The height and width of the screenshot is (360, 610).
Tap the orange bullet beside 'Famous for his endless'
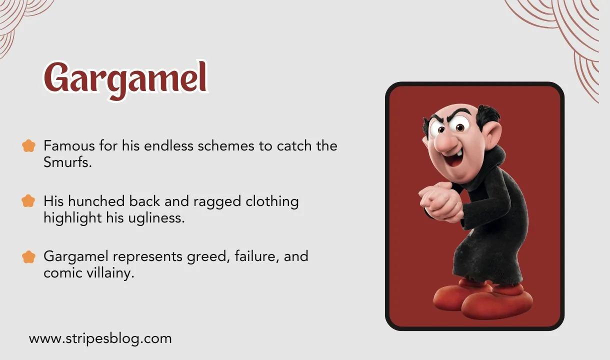tap(29, 146)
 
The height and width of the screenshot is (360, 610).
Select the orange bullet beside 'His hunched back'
tap(29, 201)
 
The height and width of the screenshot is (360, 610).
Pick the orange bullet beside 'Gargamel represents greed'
tap(29, 257)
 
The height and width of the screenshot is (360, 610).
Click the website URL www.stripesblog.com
tap(100, 338)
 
